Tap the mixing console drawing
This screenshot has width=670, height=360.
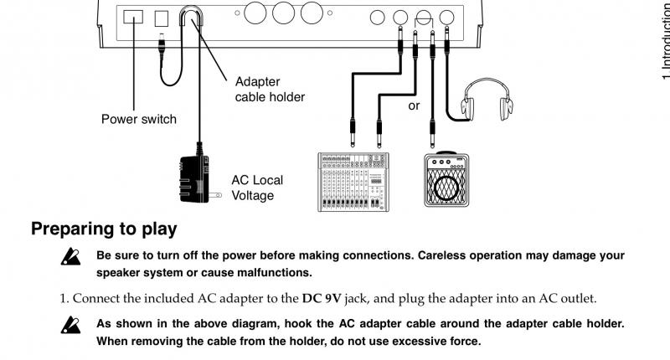[x=353, y=182]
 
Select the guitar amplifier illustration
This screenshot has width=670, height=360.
[x=446, y=179]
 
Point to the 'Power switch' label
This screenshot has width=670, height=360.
[x=139, y=119]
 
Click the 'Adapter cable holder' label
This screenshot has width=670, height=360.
[x=270, y=90]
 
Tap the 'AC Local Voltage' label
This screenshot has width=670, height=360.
[x=257, y=188]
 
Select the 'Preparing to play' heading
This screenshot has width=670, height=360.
[x=104, y=229]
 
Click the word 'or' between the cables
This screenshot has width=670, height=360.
[x=414, y=105]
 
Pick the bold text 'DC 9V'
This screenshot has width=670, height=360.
[x=322, y=298]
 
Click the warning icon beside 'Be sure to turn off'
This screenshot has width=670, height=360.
[x=70, y=257]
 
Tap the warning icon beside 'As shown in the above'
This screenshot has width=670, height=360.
[x=70, y=325]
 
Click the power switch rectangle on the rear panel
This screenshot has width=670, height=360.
[x=133, y=17]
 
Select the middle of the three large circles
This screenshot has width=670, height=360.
[x=283, y=13]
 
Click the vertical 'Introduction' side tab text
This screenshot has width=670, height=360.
[x=665, y=40]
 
